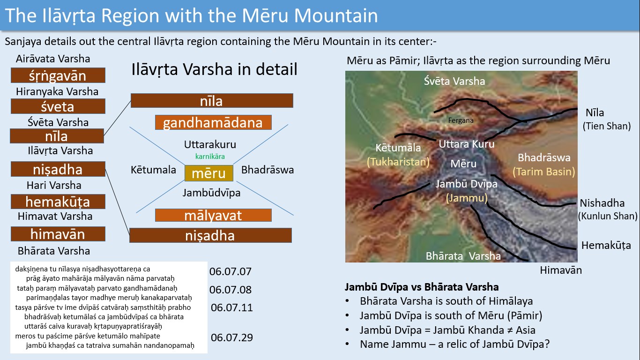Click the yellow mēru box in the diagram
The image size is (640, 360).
point(209,173)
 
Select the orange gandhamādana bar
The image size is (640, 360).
point(213,122)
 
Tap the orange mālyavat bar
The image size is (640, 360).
point(213,215)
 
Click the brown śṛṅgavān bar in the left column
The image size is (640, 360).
point(58,75)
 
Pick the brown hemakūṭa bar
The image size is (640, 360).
point(58,202)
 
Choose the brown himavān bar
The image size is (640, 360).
point(58,234)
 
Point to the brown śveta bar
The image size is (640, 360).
point(58,106)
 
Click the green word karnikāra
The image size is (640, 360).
point(210,157)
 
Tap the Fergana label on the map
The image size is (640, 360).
point(461,120)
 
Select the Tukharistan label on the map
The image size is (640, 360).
point(398,162)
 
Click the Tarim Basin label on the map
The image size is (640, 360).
point(543,172)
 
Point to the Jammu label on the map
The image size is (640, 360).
point(467,198)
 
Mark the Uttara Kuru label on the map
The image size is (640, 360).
point(466,144)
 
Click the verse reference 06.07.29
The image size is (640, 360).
point(232,337)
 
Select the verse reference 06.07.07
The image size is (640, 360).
point(231,271)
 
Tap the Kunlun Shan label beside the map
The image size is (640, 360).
point(608,216)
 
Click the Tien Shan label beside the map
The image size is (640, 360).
point(607,126)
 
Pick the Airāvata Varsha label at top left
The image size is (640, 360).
point(53,59)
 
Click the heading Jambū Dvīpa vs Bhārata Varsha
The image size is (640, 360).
point(422,287)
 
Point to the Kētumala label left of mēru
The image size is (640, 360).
point(153,170)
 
